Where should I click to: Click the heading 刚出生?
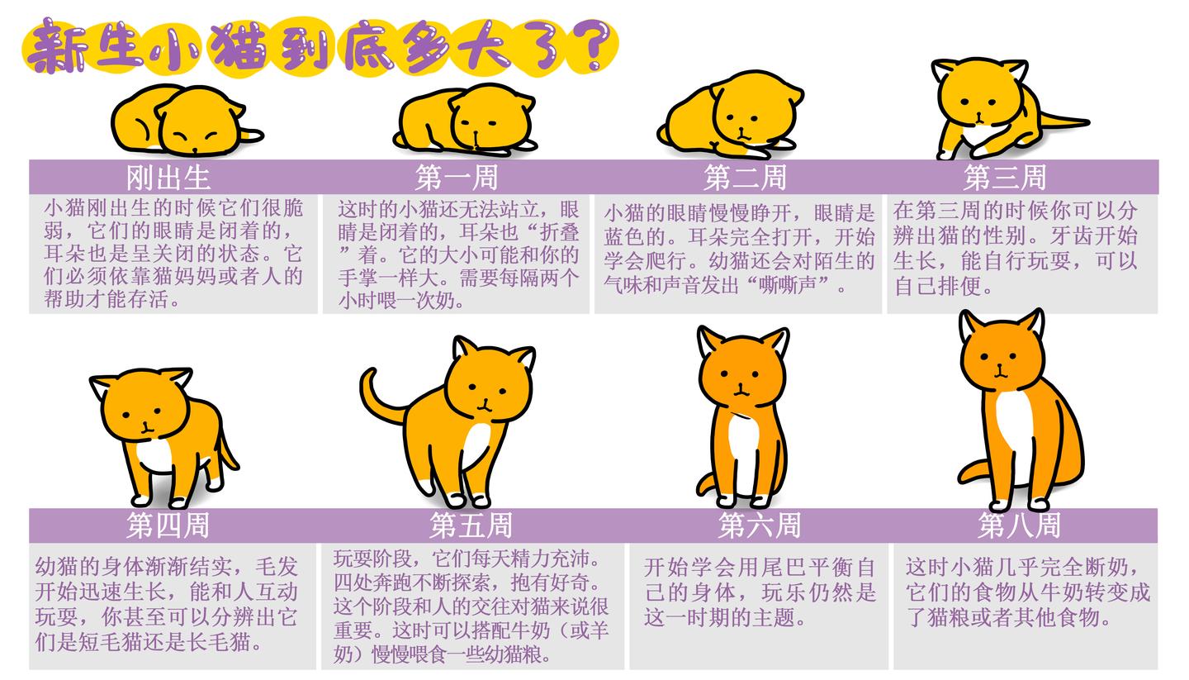click(x=168, y=177)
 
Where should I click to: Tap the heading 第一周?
click(x=456, y=177)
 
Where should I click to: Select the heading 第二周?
click(x=745, y=177)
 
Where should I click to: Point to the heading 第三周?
click(x=1004, y=177)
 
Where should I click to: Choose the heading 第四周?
click(x=168, y=525)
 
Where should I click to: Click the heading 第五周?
click(x=470, y=525)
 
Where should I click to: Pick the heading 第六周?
click(x=759, y=525)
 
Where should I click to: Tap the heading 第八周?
click(x=1019, y=525)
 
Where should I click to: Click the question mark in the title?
click(x=593, y=45)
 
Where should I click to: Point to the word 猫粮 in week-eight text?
click(x=941, y=617)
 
